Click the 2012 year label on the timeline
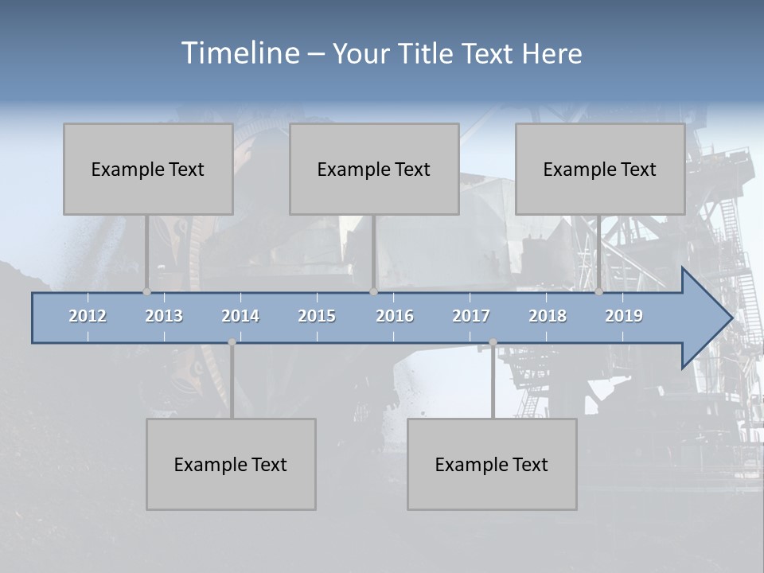tap(88, 316)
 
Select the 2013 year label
tap(164, 316)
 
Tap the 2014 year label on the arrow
tap(240, 316)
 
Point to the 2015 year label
tap(317, 316)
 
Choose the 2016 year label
tap(394, 316)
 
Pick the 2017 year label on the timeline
tap(470, 316)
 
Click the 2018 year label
tap(548, 316)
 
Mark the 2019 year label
tap(624, 316)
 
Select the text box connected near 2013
tap(148, 169)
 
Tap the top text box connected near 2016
tap(374, 169)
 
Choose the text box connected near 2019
tap(600, 169)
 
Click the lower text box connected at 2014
tap(231, 464)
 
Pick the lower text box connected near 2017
tap(492, 464)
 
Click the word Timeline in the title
tap(239, 53)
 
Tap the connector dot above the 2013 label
tap(146, 292)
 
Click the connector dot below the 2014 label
tap(232, 342)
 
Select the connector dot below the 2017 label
tap(493, 342)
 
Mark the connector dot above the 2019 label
tap(598, 292)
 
